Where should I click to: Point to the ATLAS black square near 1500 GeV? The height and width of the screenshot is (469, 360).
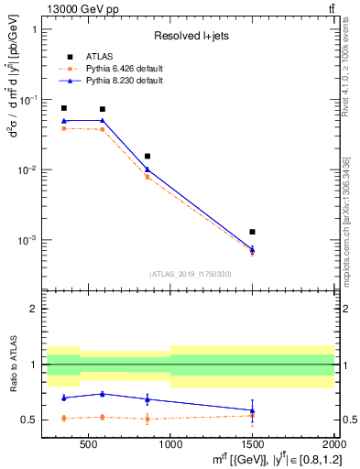[x=252, y=232]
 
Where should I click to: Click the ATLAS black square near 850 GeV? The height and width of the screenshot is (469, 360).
[x=147, y=157]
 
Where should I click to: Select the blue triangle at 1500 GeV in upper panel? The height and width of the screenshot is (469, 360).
[x=252, y=249]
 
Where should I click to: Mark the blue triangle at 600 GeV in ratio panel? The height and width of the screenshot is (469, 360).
[x=103, y=394]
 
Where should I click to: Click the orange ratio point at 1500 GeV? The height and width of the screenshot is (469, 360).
[x=252, y=416]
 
